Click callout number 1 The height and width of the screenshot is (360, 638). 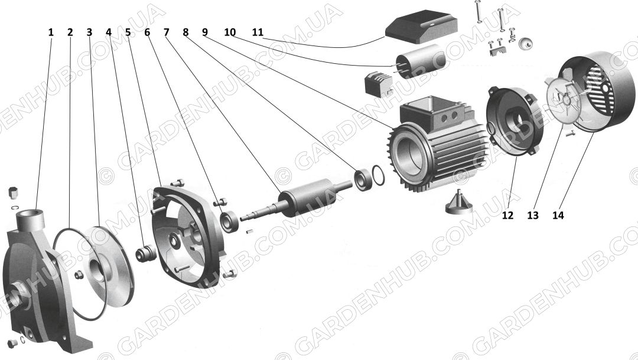click(x=51, y=32)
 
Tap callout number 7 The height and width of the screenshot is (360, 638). click(x=167, y=32)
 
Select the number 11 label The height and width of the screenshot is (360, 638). click(x=258, y=32)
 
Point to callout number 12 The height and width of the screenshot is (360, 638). click(x=507, y=215)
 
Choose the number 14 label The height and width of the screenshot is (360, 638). click(x=558, y=215)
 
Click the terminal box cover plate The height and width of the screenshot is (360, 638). click(x=421, y=27)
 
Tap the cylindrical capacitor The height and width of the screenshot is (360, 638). click(x=421, y=61)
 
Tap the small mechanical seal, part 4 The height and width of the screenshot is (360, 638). click(x=146, y=254)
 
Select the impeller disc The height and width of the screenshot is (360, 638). click(x=108, y=270)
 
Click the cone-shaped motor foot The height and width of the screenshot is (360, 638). click(x=459, y=203)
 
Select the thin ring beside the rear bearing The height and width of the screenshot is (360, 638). click(x=379, y=175)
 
